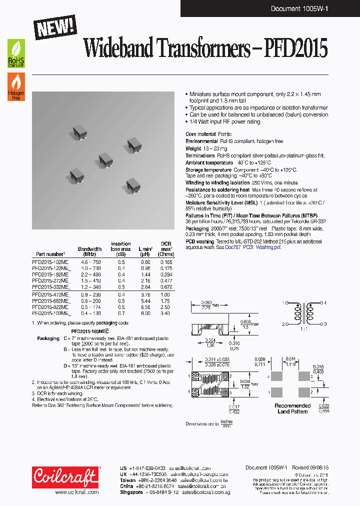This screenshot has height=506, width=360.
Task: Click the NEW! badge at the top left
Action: (x=55, y=24)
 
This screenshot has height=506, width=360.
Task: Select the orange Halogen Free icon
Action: (x=16, y=86)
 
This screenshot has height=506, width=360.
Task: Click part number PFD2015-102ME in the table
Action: (x=51, y=261)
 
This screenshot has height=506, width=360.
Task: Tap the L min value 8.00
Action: (x=145, y=313)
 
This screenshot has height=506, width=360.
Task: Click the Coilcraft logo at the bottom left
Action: (x=65, y=477)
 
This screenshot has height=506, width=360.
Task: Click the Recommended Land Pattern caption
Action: (x=292, y=408)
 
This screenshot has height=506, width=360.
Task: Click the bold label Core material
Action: (x=200, y=134)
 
